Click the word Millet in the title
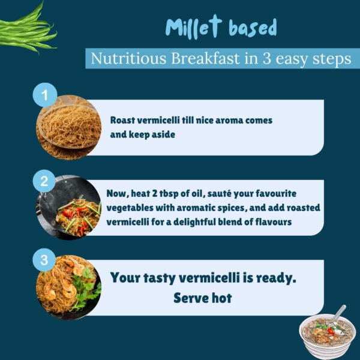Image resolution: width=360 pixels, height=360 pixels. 194,27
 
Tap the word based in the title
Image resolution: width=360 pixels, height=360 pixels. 253,28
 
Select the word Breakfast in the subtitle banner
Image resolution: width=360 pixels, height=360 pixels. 206,58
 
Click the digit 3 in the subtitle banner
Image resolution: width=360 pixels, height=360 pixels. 266,59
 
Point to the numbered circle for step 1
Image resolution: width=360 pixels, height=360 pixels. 45,95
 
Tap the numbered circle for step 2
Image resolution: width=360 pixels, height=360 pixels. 44,181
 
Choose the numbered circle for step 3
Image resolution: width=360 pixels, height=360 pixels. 44,260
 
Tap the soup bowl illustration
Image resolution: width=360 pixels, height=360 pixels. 327,332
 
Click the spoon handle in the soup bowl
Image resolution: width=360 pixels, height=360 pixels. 340,311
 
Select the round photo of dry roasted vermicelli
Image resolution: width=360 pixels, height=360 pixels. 69,128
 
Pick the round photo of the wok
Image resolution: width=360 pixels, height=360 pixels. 69,208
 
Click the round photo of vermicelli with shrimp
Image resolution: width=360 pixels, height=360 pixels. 69,287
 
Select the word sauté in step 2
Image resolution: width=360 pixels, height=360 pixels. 219,194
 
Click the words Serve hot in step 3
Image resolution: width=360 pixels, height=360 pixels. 203,298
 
